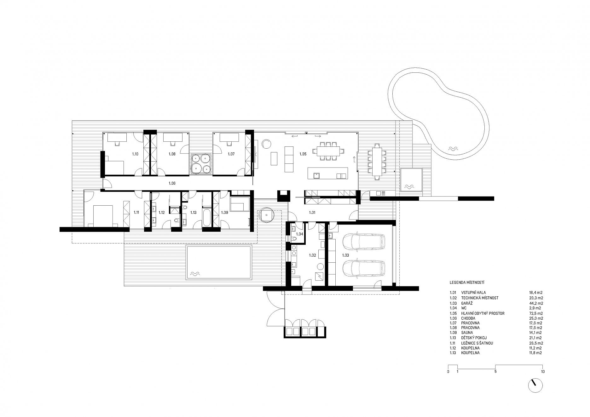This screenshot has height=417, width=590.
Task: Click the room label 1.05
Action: click(x=303, y=154)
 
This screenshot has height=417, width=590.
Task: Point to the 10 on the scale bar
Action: click(x=542, y=372)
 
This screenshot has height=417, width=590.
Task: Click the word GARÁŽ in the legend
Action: click(x=466, y=303)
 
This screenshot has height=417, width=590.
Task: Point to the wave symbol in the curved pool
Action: click(x=454, y=148)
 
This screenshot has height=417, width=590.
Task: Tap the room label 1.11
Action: click(x=136, y=212)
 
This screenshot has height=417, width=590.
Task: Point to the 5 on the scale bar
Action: click(x=495, y=372)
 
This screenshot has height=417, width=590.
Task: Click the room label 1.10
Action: click(x=135, y=154)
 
